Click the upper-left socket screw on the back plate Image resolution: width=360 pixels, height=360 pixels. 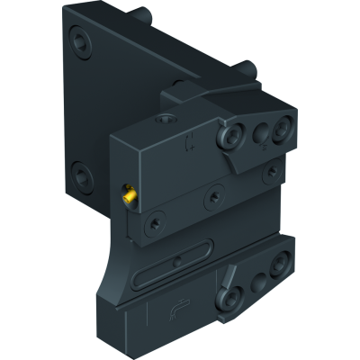[84, 42]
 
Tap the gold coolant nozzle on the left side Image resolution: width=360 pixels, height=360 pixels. [129, 192]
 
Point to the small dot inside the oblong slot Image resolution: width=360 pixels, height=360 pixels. [177, 263]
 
